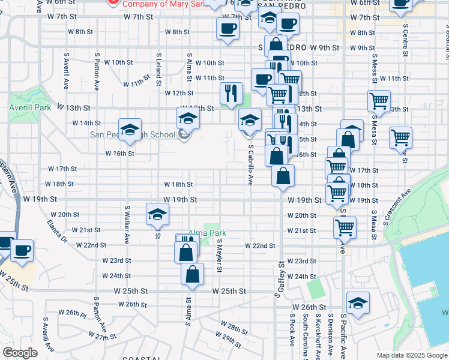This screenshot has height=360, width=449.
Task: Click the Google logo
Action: pos(20,353)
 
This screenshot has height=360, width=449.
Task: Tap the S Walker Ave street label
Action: pos(127,224)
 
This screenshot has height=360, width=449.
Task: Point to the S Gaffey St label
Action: pos(280,280)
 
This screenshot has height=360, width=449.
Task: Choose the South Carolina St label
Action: pos(306,336)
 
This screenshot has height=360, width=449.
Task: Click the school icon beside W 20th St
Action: pos(157,214)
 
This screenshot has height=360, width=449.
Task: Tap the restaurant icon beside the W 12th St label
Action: pos(231,92)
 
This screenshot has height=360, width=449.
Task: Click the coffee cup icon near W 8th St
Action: pos(228,29)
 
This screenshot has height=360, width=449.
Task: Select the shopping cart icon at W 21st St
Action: pos(345,227)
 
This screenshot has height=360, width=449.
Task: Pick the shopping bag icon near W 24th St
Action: pos(192,274)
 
